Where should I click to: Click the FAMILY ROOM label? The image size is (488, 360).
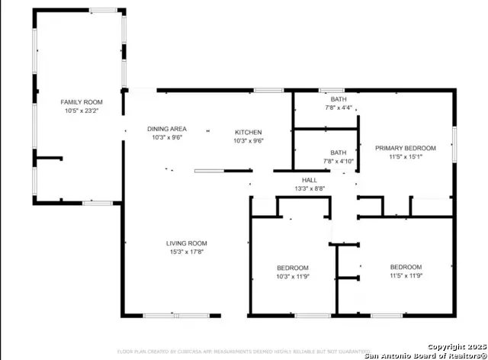[82, 101]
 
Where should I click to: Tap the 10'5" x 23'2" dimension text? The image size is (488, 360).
[82, 111]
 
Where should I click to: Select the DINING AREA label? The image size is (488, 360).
[167, 129]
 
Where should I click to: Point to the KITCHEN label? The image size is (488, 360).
[248, 132]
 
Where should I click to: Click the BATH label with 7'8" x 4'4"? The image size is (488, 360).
[338, 99]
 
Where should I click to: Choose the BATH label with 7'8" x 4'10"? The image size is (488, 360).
[338, 152]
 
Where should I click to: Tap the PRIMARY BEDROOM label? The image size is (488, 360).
[405, 147]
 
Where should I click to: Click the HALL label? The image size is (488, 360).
[309, 179]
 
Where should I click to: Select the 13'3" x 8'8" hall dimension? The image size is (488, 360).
[309, 188]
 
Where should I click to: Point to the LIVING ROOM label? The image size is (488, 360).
[186, 243]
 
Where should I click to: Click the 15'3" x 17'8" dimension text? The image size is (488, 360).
[186, 252]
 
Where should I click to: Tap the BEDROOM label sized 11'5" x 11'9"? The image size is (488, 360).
[406, 266]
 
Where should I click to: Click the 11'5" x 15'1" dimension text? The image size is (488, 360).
[405, 156]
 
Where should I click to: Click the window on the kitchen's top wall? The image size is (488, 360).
[268, 90]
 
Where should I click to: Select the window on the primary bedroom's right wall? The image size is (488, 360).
[454, 144]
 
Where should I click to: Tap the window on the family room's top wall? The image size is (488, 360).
[103, 9]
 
